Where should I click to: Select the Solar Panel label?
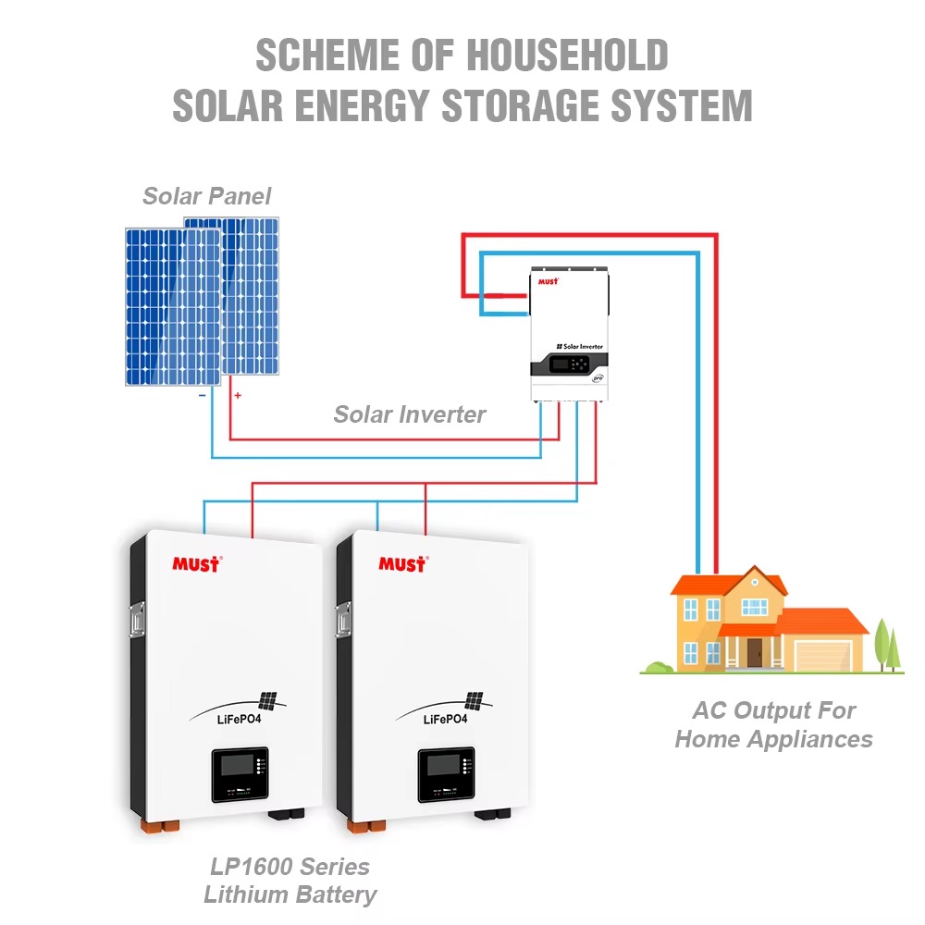click(x=207, y=196)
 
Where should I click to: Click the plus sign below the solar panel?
click(x=238, y=396)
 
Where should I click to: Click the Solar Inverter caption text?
click(x=409, y=414)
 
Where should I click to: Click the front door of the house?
click(x=755, y=652)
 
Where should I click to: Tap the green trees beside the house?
click(x=888, y=643)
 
